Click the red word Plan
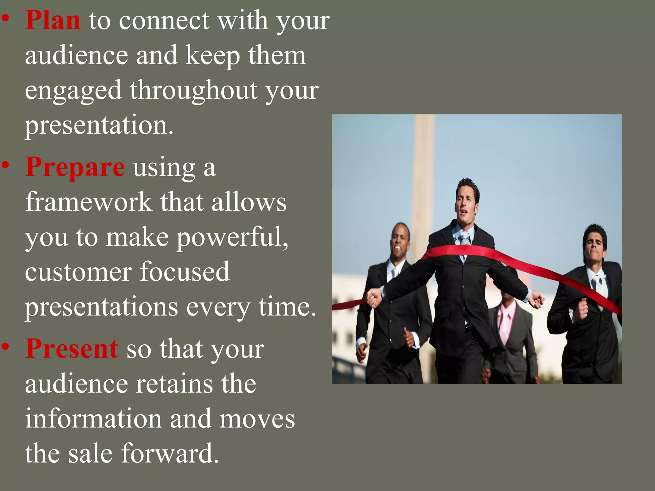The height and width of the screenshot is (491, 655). [53, 21]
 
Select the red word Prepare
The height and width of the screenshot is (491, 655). [75, 167]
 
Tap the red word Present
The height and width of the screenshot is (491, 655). [72, 349]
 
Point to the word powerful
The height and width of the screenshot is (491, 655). [232, 238]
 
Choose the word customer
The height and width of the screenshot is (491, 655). [78, 272]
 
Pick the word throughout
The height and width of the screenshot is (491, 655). [193, 90]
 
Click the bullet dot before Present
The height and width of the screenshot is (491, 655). [5, 346]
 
